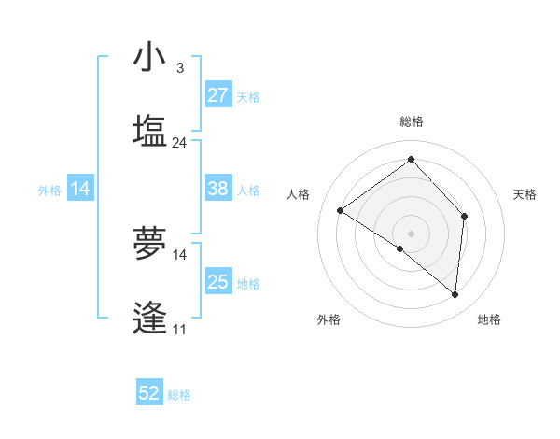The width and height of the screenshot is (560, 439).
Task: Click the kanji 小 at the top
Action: [x=149, y=58]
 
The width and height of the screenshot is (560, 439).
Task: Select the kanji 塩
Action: [x=149, y=132]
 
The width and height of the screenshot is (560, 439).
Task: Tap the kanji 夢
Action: [x=149, y=244]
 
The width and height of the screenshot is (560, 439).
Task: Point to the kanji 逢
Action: [x=149, y=318]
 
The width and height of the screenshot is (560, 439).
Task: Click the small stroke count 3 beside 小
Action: [x=179, y=68]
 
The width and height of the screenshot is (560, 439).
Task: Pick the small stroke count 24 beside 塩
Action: [x=179, y=143]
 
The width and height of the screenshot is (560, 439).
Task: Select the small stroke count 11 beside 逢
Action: [x=179, y=329]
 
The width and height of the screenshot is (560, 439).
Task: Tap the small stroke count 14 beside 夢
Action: [x=179, y=254]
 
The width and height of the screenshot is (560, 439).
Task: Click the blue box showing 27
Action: [x=218, y=95]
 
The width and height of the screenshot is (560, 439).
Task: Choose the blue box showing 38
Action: [x=218, y=189]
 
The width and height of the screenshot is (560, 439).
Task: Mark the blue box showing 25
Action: [x=218, y=282]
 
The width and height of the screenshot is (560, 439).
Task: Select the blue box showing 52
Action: [x=149, y=393]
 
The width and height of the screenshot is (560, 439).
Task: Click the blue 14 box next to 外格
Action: [x=80, y=189]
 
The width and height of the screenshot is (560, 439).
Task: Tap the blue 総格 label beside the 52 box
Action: [x=179, y=395]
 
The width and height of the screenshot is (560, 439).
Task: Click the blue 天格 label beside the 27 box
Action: [x=248, y=96]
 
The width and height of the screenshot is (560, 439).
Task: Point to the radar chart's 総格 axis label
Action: [x=411, y=121]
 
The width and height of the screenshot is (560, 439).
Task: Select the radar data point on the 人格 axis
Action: [x=341, y=211]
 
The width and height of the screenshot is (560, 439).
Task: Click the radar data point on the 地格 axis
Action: [x=455, y=294]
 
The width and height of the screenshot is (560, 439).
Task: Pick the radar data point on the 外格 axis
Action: [x=400, y=248]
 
